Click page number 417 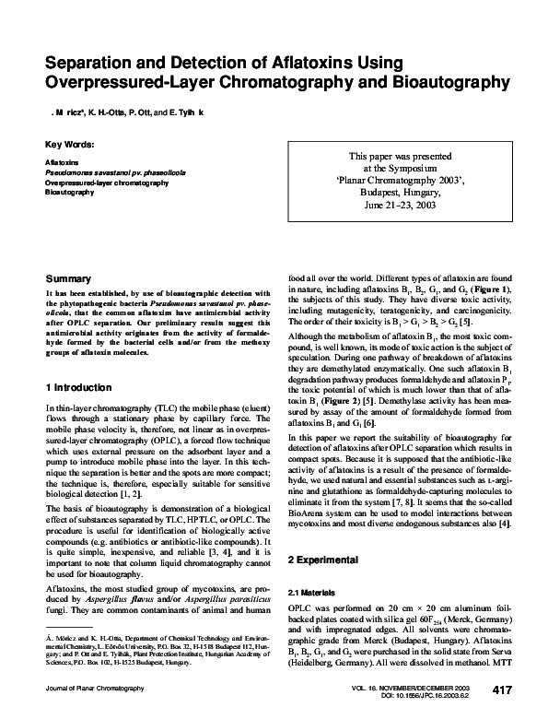click(x=502, y=690)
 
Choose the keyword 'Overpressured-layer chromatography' click(x=106, y=183)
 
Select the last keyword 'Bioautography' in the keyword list click(x=69, y=193)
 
